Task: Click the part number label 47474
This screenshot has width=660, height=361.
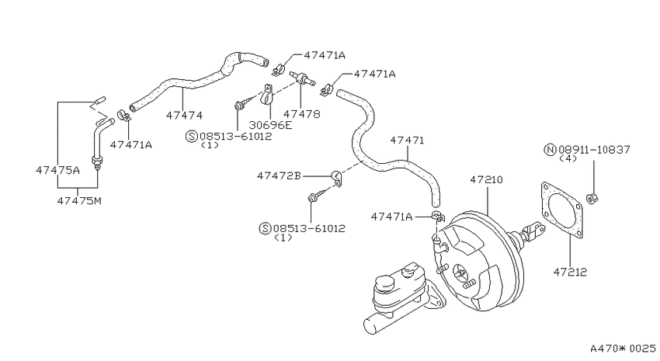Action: [184, 115]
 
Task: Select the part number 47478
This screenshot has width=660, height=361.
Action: [301, 114]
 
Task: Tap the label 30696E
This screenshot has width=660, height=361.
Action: [270, 125]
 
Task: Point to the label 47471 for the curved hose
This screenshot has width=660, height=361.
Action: [407, 140]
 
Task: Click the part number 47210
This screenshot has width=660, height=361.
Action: [487, 179]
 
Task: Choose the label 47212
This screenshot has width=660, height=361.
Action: [570, 272]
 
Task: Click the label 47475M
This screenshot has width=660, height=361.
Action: [79, 201]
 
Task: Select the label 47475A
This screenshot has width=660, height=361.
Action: [57, 170]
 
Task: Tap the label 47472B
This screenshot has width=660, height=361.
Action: [279, 175]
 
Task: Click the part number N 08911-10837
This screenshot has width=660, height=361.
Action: [588, 149]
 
